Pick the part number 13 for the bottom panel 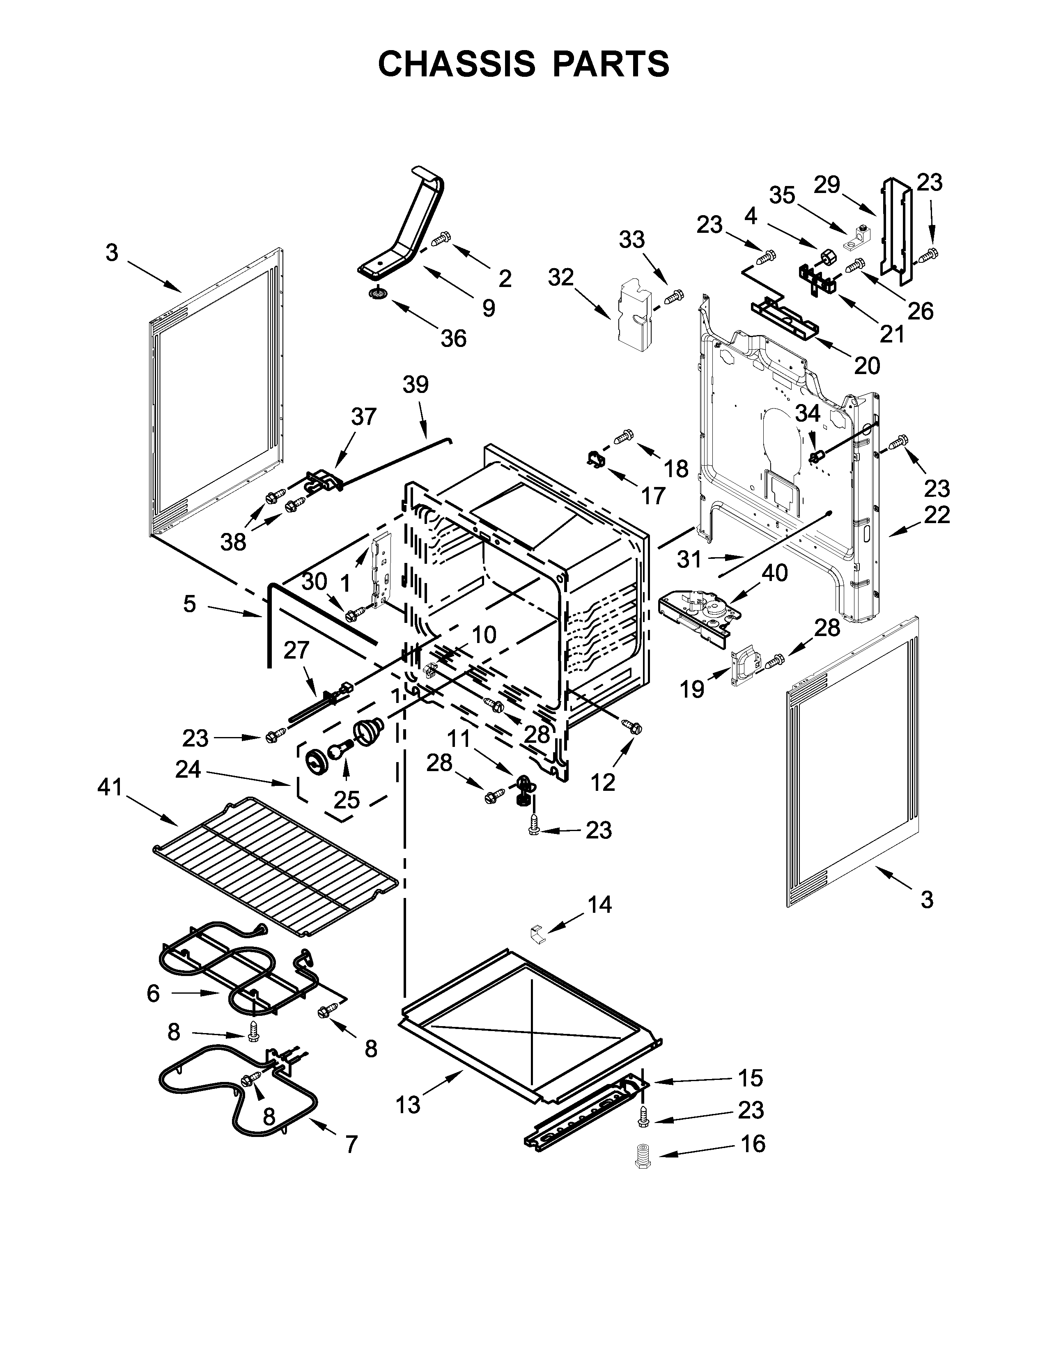pyautogui.click(x=408, y=1105)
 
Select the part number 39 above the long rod pyautogui.click(x=416, y=385)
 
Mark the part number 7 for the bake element pyautogui.click(x=351, y=1144)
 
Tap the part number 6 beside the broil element pyautogui.click(x=153, y=993)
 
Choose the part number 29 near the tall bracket pyautogui.click(x=827, y=184)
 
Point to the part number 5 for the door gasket pyautogui.click(x=190, y=603)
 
